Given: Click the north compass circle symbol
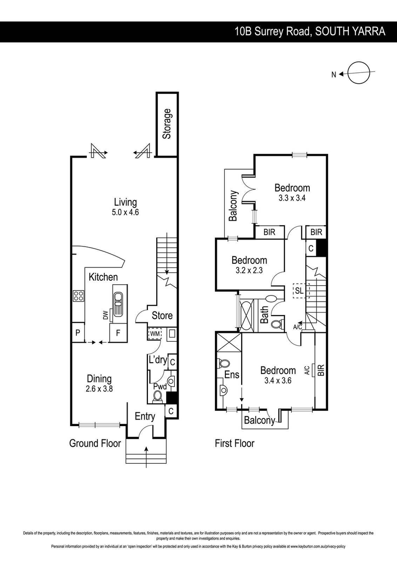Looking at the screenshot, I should point(358,74).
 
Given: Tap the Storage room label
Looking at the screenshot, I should point(167,124).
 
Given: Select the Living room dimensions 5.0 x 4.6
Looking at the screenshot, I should point(125,212).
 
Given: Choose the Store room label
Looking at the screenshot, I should point(162,315).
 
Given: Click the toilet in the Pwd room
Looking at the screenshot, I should point(158,395).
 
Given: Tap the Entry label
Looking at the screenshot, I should point(145,416).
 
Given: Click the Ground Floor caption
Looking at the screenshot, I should point(95,443).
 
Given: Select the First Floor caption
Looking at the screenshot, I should point(234,443).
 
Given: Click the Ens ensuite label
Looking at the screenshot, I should point(232,375).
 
